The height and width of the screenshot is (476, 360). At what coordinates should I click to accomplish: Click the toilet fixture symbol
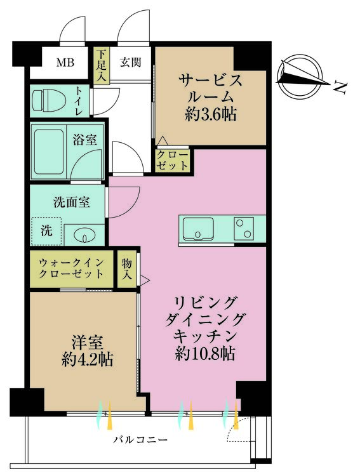[50, 100]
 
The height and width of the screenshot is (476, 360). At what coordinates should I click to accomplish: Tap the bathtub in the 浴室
[49, 152]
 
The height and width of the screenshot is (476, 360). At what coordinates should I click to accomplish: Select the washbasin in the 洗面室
[85, 235]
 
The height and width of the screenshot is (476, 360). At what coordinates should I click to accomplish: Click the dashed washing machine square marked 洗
[47, 231]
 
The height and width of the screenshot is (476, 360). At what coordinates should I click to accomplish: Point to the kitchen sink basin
[197, 228]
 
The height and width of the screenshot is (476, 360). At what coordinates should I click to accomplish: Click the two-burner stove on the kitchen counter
[244, 228]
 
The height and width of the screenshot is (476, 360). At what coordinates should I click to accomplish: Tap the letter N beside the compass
[340, 87]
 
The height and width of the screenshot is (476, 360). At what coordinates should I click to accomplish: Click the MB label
[65, 63]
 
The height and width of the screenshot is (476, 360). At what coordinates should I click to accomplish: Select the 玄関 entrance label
[130, 62]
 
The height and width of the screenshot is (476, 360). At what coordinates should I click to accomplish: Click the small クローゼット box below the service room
[172, 161]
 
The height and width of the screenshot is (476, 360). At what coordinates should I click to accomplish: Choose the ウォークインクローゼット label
[71, 268]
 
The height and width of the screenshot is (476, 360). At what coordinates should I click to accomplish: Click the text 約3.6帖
[211, 115]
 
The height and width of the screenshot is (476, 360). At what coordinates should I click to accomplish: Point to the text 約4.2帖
[88, 359]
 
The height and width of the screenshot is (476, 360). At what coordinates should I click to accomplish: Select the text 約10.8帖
[205, 354]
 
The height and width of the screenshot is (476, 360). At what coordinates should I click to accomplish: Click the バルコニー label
[141, 440]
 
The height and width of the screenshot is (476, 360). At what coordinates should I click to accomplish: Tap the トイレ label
[79, 100]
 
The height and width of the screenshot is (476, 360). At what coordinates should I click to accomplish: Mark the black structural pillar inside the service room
[250, 58]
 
